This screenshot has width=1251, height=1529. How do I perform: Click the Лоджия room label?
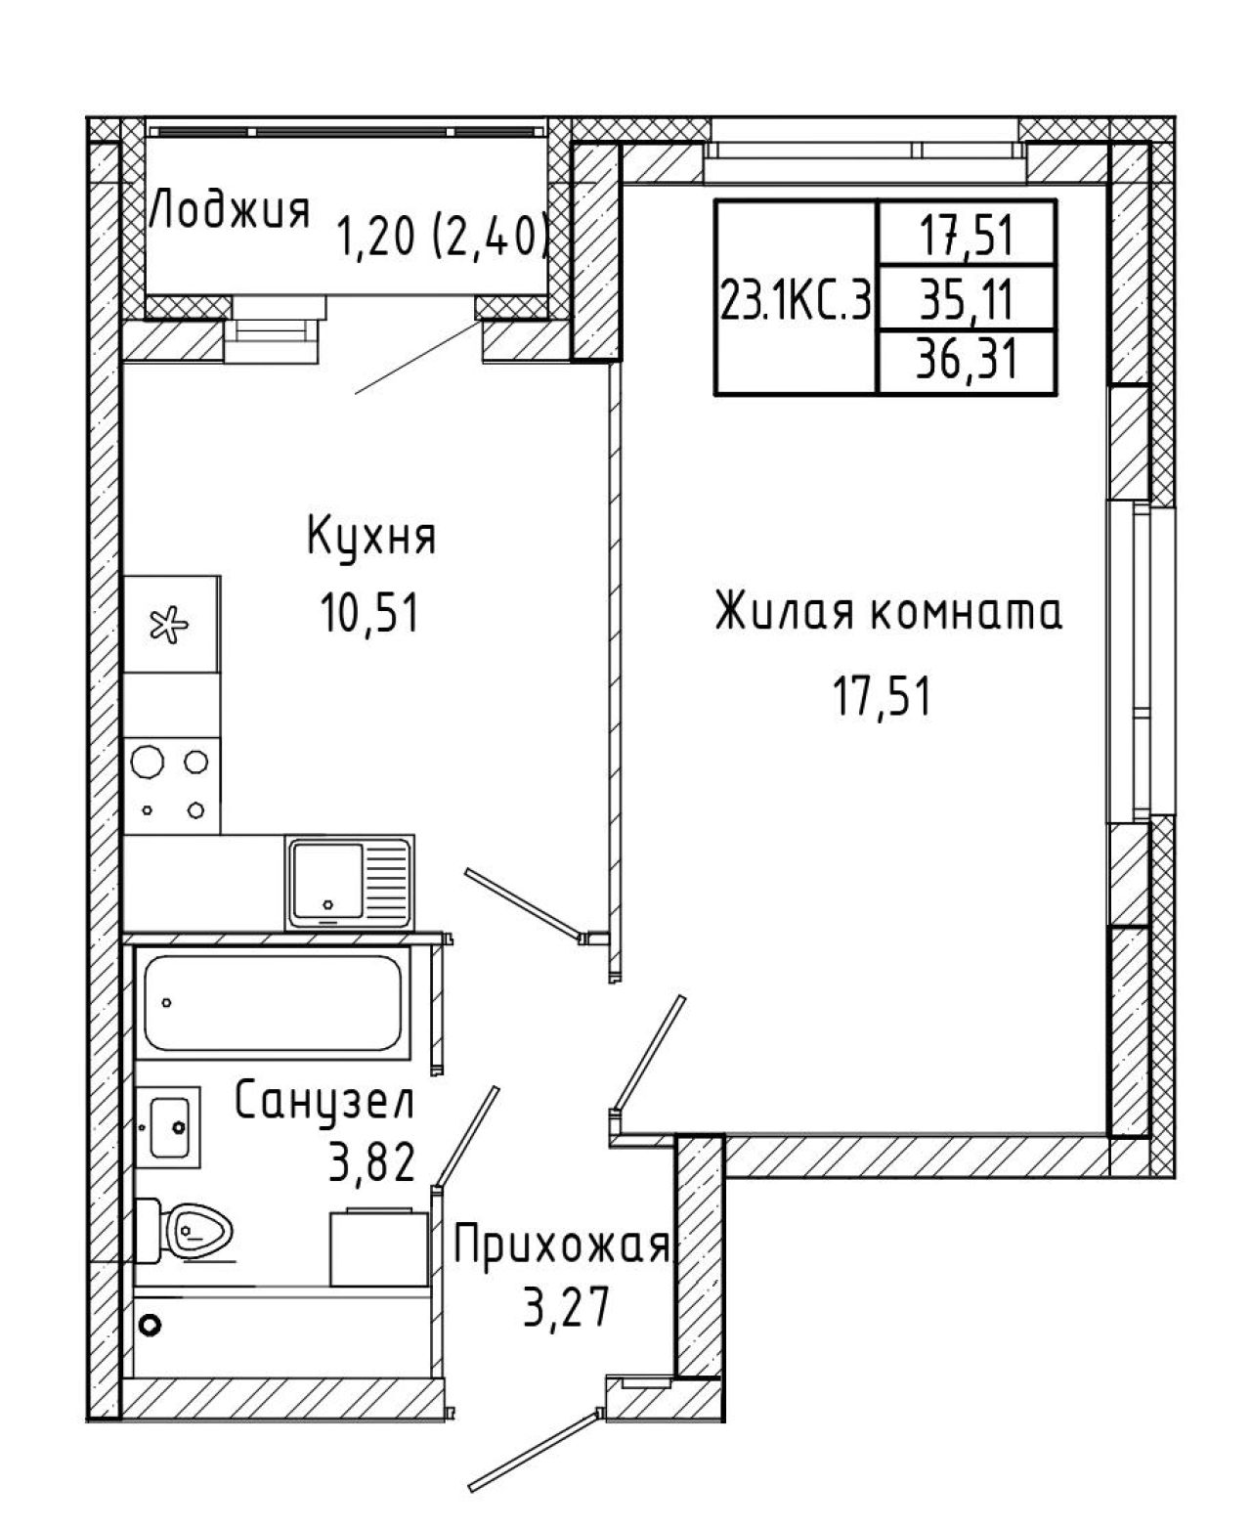[230, 209]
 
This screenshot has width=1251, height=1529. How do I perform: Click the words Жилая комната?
[888, 611]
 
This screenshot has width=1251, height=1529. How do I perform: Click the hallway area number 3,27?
[565, 1306]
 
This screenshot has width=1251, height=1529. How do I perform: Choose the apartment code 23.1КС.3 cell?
[796, 300]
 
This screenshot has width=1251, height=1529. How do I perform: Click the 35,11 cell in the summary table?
[967, 298]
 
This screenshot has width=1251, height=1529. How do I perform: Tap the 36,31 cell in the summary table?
[967, 360]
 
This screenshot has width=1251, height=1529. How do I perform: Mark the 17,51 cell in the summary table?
[967, 234]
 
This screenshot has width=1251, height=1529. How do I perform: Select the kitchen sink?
[351, 883]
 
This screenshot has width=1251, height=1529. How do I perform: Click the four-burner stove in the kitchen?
[172, 785]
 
